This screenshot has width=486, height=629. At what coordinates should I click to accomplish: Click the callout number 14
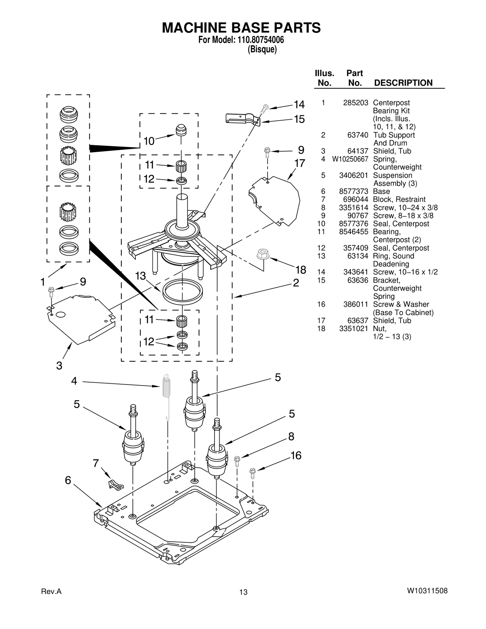pyautogui.click(x=299, y=105)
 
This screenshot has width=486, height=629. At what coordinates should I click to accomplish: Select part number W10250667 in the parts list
pyautogui.click(x=350, y=159)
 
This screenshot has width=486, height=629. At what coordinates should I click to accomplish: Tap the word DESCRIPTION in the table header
pyautogui.click(x=403, y=83)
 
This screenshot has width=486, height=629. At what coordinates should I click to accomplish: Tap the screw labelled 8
pyautogui.click(x=237, y=461)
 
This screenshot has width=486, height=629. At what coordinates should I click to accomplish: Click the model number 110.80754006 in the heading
pyautogui.click(x=259, y=40)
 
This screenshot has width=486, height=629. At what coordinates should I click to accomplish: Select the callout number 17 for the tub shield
pyautogui.click(x=299, y=164)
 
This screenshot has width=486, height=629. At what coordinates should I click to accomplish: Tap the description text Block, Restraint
pyautogui.click(x=399, y=200)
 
